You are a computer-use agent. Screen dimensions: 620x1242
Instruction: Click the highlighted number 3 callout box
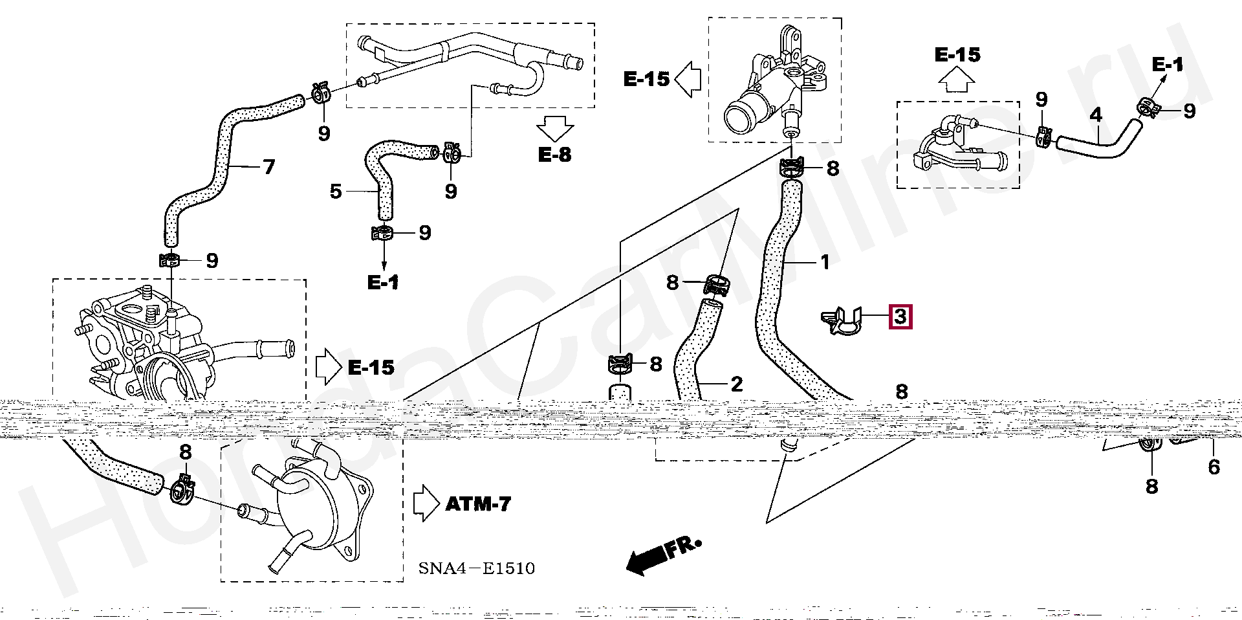(900, 317)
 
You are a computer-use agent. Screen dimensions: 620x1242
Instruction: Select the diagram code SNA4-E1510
(476, 568)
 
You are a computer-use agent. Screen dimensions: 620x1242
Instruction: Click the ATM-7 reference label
(478, 504)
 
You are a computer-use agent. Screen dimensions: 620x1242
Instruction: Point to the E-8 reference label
(554, 155)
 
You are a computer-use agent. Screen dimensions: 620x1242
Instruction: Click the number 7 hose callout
(269, 167)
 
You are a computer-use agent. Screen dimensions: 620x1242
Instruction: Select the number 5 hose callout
(335, 192)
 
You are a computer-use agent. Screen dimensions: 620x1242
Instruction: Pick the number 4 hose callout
(1095, 116)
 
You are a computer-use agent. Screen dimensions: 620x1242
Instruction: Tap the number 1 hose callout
(824, 262)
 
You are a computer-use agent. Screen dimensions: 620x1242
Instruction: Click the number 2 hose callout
(736, 384)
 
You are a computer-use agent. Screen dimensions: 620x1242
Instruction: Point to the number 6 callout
(1214, 467)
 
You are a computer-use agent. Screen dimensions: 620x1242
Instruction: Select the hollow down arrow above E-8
(554, 129)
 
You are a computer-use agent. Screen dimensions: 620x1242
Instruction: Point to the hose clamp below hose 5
(383, 233)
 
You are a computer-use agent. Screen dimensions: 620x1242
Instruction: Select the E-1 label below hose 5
(383, 282)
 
